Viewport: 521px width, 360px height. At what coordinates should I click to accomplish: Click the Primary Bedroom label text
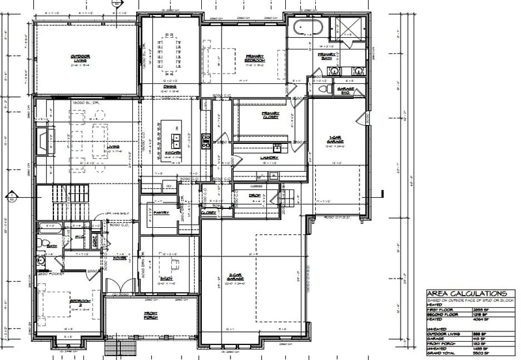253,58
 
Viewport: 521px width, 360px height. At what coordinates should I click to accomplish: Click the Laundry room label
270,158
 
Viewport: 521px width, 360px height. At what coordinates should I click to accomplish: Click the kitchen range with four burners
206,141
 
